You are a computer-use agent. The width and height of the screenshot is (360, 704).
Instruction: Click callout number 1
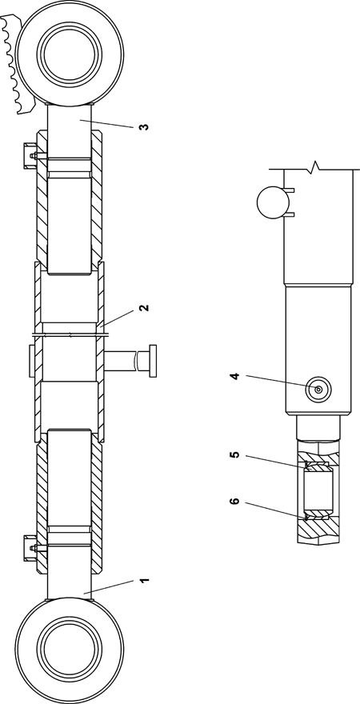point(143,581)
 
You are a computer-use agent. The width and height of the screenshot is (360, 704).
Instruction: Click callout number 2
point(143,308)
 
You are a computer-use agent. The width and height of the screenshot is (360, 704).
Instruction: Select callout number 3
point(143,126)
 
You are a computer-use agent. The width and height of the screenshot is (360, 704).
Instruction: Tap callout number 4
point(235,375)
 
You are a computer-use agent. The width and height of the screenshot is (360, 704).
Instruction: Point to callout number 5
point(234,455)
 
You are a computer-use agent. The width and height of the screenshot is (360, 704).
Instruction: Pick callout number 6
point(234,501)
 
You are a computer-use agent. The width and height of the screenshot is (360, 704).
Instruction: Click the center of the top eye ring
point(69,54)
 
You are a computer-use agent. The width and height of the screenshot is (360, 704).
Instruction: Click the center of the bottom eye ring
point(69,650)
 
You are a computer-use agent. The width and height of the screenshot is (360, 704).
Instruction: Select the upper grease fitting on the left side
point(30,156)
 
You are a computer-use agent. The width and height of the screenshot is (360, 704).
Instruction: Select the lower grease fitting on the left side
point(30,548)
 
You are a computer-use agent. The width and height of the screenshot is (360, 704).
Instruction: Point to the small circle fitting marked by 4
point(318,390)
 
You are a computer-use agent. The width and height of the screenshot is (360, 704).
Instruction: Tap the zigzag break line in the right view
point(314,167)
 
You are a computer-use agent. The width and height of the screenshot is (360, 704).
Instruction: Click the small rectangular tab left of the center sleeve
point(31,361)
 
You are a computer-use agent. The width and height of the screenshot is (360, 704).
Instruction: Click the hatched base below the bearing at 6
point(318,530)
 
